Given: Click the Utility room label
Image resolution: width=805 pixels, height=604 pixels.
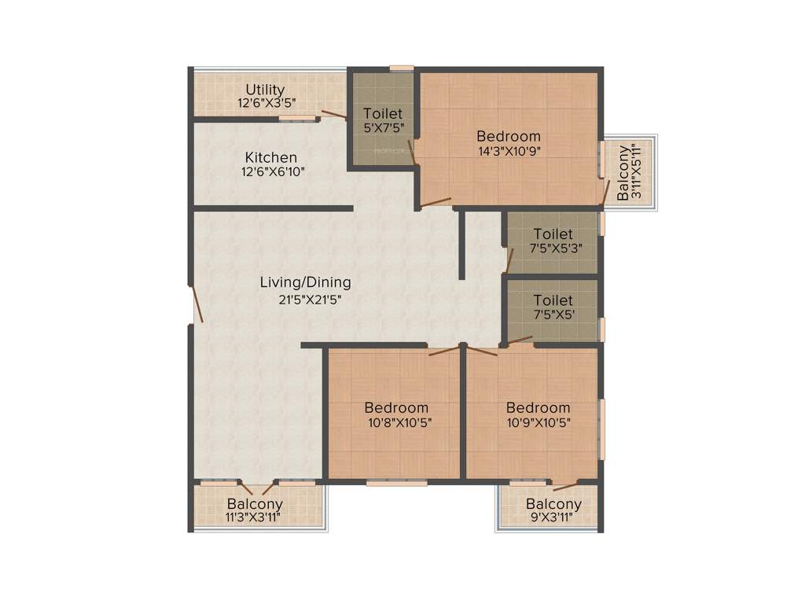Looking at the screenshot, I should click(265, 90).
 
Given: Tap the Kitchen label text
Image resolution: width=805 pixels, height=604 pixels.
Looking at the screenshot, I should click(270, 157).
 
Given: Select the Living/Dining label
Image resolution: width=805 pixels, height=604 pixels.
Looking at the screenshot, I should click(306, 282).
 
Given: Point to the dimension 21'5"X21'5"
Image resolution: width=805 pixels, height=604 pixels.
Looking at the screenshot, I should click(306, 299).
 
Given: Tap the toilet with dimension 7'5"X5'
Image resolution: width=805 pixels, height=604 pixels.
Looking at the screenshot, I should click(553, 308).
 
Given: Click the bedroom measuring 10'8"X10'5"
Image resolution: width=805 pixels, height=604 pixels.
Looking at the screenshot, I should click(396, 414).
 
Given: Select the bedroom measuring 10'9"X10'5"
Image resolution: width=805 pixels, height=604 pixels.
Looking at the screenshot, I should click(538, 414).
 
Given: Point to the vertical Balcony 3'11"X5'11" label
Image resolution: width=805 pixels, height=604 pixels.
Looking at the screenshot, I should click(630, 173).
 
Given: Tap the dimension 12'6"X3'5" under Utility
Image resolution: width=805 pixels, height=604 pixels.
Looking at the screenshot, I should click(265, 103).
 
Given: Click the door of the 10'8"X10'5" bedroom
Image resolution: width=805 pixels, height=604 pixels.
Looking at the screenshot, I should click(444, 351).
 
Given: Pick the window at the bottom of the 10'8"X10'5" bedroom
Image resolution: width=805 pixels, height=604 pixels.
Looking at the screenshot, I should click(396, 483).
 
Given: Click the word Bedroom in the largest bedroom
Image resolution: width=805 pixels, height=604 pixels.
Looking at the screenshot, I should click(509, 136).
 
